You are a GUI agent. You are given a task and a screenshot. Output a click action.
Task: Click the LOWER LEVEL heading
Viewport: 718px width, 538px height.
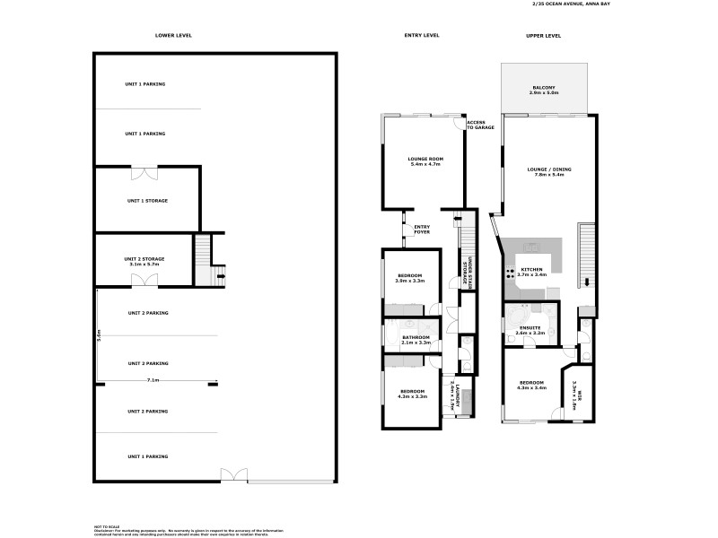pyautogui.click(x=173, y=35)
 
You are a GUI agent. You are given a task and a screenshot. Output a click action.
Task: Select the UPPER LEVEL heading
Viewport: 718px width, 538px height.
pyautogui.click(x=543, y=35)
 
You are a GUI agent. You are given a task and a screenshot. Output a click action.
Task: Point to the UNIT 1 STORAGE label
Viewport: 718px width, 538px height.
pyautogui.click(x=147, y=201)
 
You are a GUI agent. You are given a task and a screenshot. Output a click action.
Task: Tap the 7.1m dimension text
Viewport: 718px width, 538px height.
pyautogui.click(x=153, y=380)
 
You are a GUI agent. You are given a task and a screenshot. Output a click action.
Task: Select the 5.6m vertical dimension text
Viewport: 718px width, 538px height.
pyautogui.click(x=99, y=335)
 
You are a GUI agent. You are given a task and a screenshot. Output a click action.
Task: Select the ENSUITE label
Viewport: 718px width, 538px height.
pyautogui.click(x=530, y=329)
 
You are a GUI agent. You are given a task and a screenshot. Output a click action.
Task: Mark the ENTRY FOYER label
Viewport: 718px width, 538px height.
pyautogui.click(x=421, y=230)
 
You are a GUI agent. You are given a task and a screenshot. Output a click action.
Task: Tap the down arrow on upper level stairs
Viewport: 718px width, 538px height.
pyautogui.click(x=587, y=282)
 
